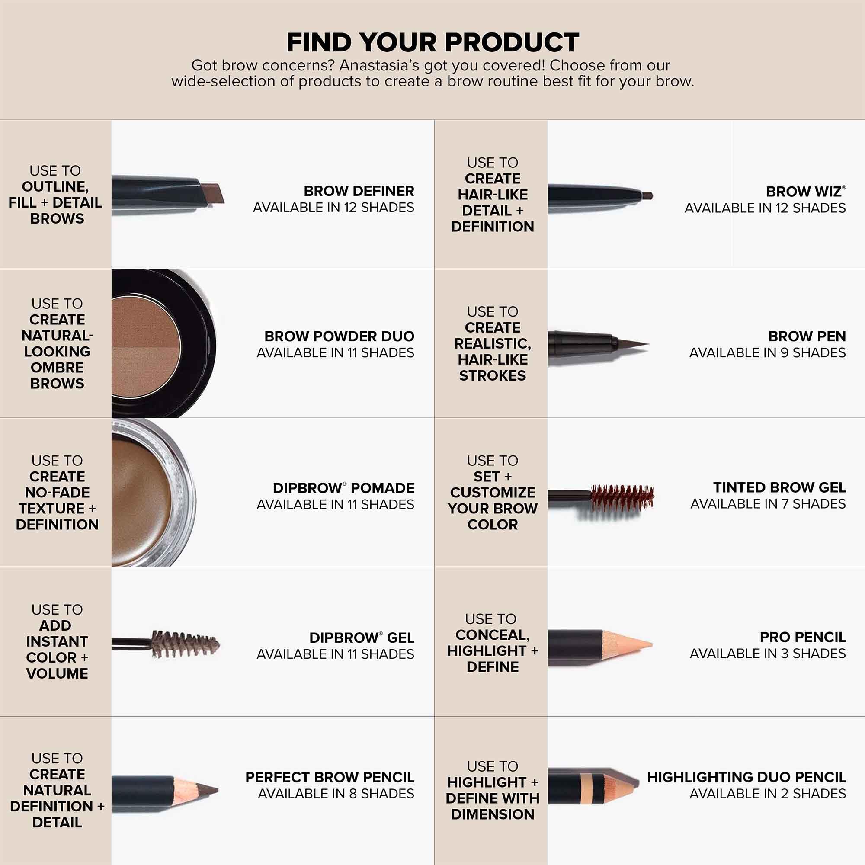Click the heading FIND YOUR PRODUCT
coord(432,42)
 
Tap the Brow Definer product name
coord(359,191)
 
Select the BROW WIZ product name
coord(804,192)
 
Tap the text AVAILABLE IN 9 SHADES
coord(767,353)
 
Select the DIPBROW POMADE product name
coord(343,488)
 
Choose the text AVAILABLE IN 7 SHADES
coord(768,504)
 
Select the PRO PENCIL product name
coord(802,637)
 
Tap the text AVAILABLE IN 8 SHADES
coord(336,794)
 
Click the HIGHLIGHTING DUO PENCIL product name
coord(746,777)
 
